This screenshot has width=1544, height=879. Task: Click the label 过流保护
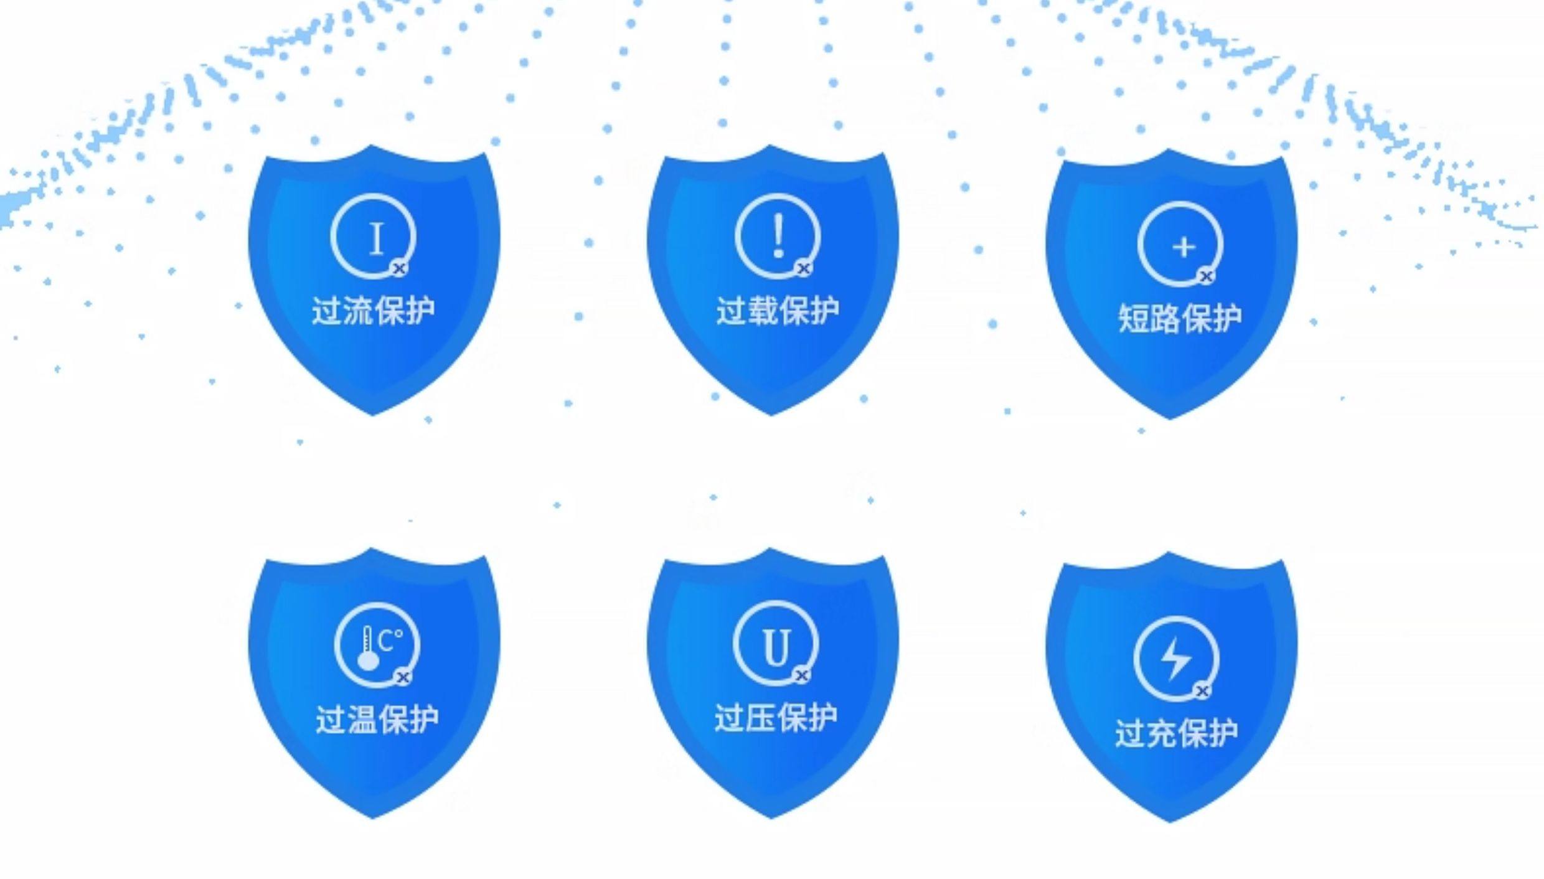373,311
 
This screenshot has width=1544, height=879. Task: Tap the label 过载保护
778,311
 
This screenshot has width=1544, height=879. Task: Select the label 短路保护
1180,319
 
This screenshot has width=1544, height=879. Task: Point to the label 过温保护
377,719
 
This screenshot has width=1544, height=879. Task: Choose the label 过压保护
776,717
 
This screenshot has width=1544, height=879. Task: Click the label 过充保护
1176,733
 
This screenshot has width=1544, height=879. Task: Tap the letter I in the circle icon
376,239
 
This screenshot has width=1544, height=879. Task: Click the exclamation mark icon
778,235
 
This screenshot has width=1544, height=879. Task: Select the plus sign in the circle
1184,247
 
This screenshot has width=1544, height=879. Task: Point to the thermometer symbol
368,649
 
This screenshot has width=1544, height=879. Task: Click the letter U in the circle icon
776,647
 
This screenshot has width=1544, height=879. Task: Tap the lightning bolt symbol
1176,657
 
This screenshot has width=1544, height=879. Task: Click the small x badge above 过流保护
400,268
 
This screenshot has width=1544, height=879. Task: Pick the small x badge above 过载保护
804,268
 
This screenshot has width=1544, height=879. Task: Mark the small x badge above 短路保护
1206,276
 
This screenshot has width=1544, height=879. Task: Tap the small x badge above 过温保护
403,677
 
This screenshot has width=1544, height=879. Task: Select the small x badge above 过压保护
802,674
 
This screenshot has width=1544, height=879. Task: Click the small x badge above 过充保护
1202,690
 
